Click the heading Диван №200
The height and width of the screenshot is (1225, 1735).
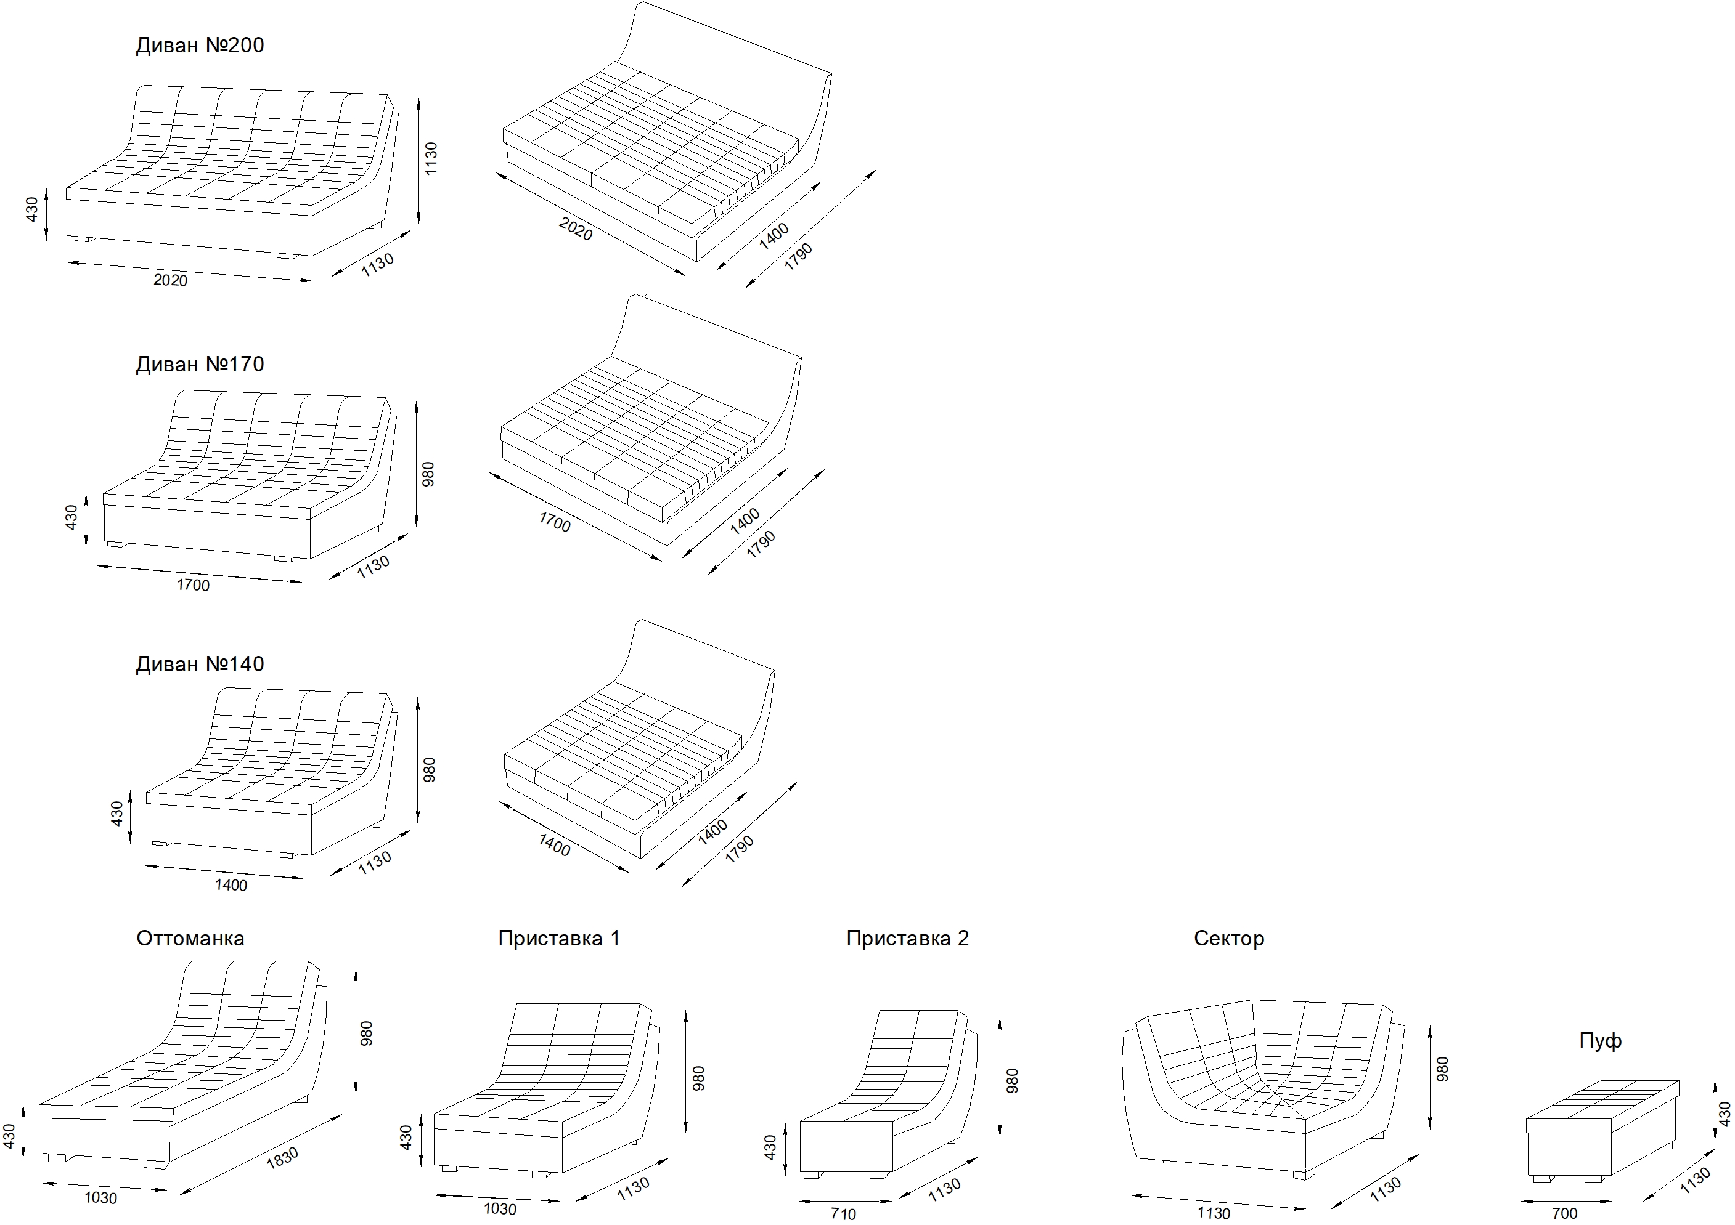(200, 46)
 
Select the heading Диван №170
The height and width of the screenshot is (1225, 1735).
(200, 364)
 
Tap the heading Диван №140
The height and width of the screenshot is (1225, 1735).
(200, 664)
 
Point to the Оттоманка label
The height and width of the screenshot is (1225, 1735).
(190, 938)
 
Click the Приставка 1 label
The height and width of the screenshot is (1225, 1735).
(558, 938)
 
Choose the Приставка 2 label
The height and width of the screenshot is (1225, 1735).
(907, 938)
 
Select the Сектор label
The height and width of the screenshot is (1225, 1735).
(1229, 938)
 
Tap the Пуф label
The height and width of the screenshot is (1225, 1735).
(1600, 1040)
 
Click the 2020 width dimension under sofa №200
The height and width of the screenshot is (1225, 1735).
(170, 280)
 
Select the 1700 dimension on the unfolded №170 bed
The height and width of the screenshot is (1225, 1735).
(555, 522)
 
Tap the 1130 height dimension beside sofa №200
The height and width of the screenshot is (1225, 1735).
(431, 159)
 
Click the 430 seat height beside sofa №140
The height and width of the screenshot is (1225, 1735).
(117, 814)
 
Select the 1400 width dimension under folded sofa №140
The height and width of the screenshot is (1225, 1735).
(231, 885)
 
